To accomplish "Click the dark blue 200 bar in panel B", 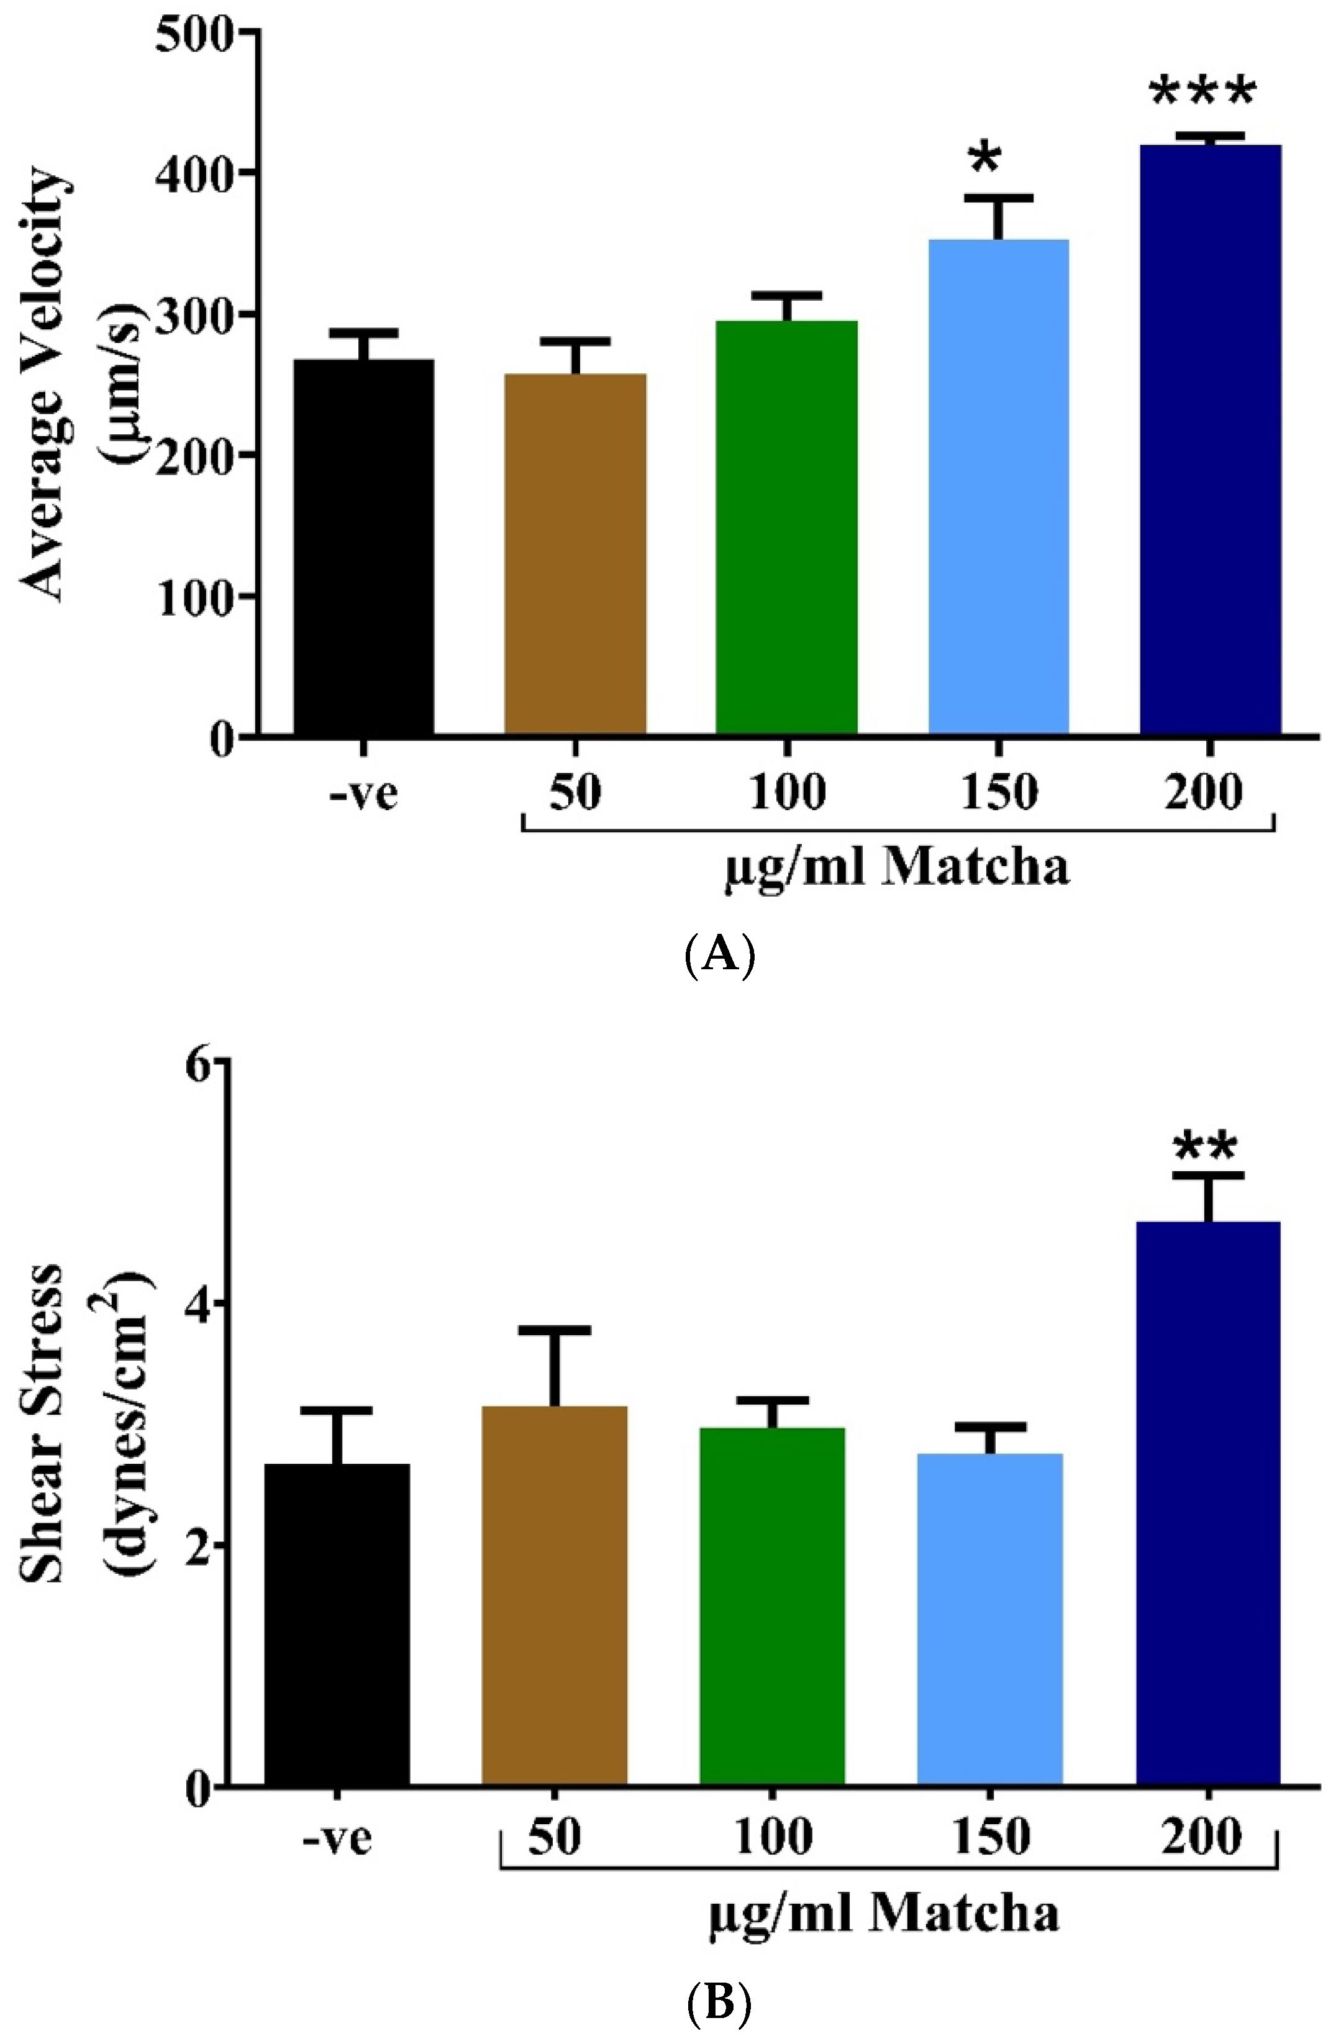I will [1207, 1509].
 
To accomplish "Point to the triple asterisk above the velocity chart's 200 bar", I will [1202, 93].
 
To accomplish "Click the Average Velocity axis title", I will [43, 386].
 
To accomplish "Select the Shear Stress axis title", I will [43, 1423].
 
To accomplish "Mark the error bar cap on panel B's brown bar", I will [554, 1330].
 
